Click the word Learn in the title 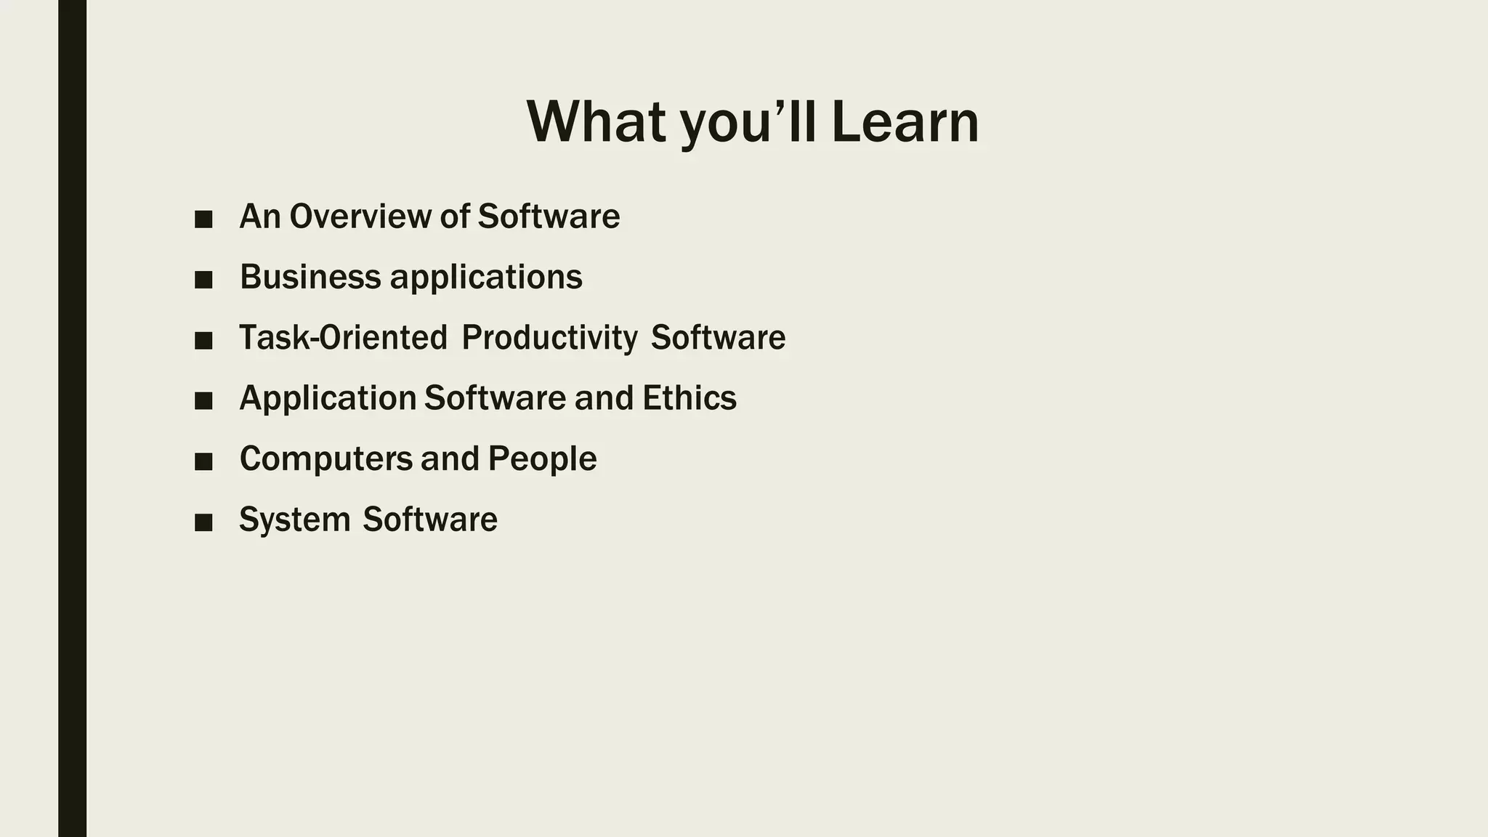[905, 122]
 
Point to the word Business [310, 277]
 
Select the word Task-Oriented [343, 338]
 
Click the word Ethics [689, 398]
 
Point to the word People [542, 459]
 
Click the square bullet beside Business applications [203, 280]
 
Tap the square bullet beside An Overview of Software [203, 219]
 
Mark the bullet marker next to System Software [203, 522]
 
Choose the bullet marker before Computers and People [203, 461]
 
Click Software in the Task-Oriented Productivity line [718, 338]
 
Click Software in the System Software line [430, 519]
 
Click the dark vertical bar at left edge [72, 418]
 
